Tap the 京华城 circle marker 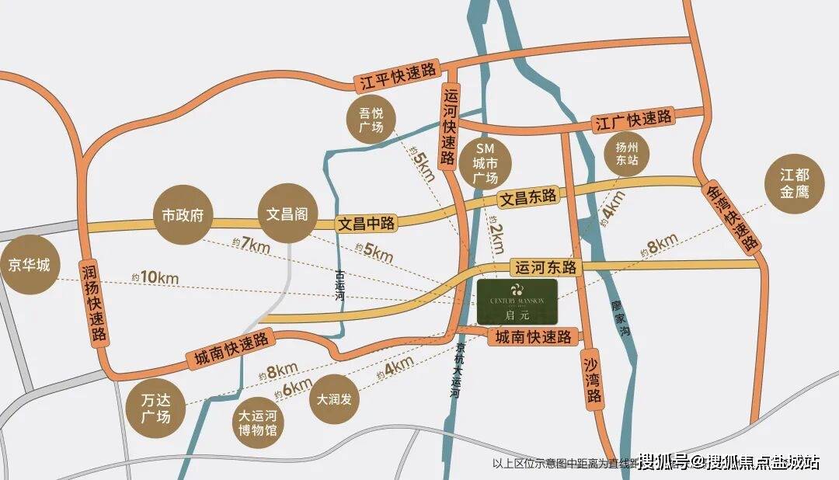coord(30,265)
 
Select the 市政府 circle coord(183,214)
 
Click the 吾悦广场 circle coord(371,120)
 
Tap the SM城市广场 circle coord(486,163)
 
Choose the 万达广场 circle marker coord(155,408)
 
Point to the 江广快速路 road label coord(633,120)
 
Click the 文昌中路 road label coord(367,223)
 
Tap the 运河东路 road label coord(546,267)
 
